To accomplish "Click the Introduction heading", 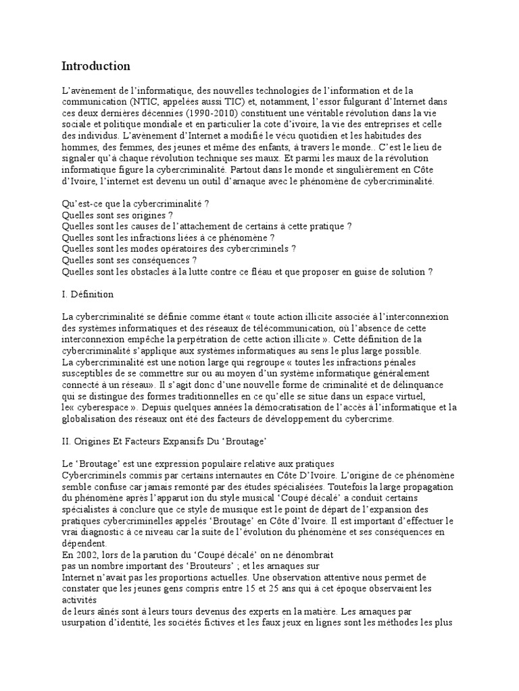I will click(95, 66).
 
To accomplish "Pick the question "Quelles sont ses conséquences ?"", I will click(129, 260).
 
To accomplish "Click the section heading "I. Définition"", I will click(88, 294).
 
